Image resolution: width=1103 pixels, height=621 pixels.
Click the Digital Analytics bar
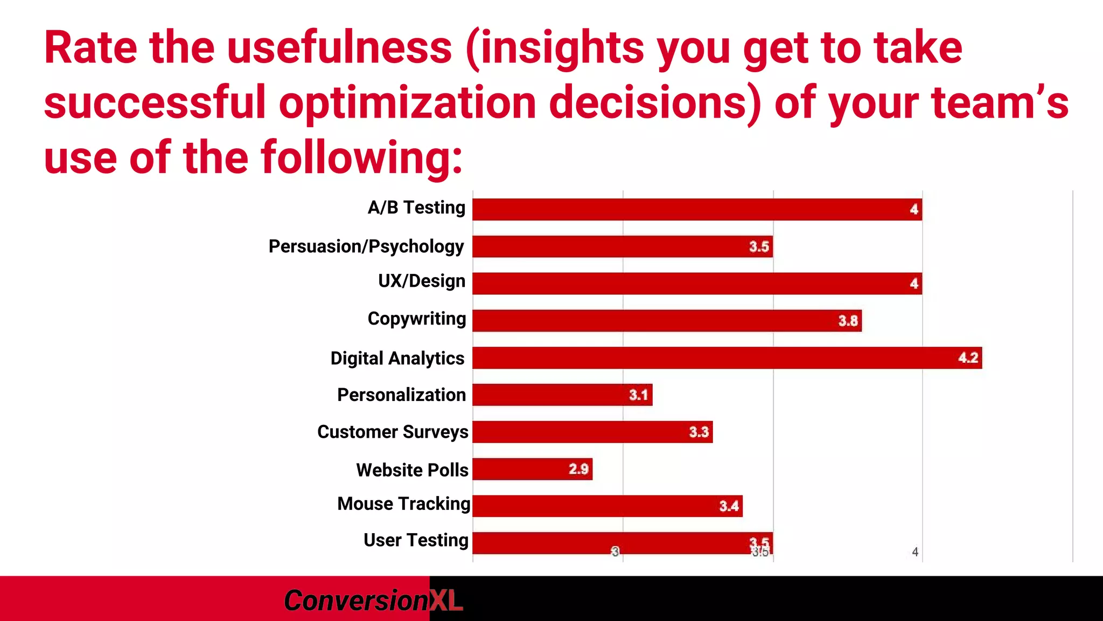(727, 358)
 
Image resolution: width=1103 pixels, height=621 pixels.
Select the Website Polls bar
(532, 469)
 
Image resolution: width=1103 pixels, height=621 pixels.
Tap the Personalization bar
(562, 395)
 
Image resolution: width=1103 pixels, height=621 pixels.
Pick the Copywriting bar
(667, 321)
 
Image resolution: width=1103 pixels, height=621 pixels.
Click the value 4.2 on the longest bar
(968, 358)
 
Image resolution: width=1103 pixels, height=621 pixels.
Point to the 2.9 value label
(578, 469)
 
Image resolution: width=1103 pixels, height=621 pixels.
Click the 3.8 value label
(848, 321)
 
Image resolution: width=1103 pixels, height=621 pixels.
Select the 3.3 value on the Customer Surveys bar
(699, 432)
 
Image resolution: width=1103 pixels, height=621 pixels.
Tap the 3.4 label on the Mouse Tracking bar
(729, 506)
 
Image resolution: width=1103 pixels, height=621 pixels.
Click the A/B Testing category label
(416, 208)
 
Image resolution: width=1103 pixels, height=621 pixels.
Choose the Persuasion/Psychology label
(366, 246)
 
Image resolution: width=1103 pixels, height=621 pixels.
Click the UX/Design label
(421, 281)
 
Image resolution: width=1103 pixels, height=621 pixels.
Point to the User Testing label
(416, 540)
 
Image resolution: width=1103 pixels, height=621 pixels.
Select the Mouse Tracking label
(403, 503)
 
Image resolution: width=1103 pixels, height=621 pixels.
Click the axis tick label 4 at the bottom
(915, 552)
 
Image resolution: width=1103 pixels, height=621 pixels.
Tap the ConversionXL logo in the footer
(373, 601)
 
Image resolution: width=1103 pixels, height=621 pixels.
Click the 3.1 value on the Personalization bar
(638, 395)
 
